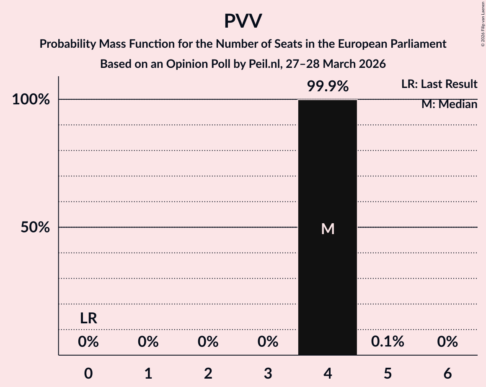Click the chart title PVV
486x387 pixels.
243,21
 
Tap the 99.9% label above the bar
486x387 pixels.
328,86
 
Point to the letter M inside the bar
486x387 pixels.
328,229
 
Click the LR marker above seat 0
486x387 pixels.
88,319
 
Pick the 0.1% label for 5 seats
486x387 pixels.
388,342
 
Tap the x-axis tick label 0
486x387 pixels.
88,373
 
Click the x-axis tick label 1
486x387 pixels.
148,373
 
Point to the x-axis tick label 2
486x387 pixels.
208,373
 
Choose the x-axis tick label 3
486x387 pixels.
268,373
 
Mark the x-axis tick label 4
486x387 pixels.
328,373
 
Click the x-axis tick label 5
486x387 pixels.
388,373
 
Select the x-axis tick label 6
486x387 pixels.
447,373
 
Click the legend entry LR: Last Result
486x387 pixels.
439,84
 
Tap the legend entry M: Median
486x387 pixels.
449,104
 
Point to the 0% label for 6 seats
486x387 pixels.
447,342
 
